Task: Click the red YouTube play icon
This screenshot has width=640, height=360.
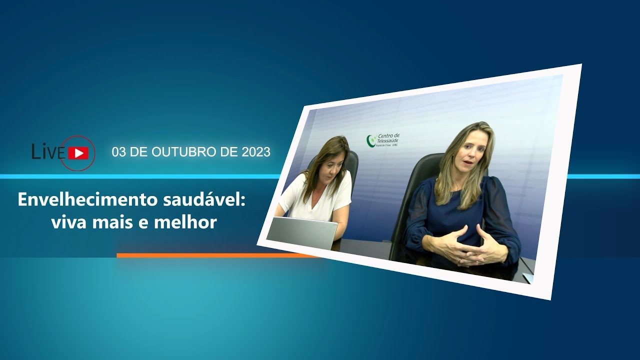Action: [x=78, y=153]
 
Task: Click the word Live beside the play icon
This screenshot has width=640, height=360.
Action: [x=48, y=151]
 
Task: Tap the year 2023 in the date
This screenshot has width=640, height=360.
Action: [x=255, y=152]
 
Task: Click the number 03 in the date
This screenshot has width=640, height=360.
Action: [x=119, y=152]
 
